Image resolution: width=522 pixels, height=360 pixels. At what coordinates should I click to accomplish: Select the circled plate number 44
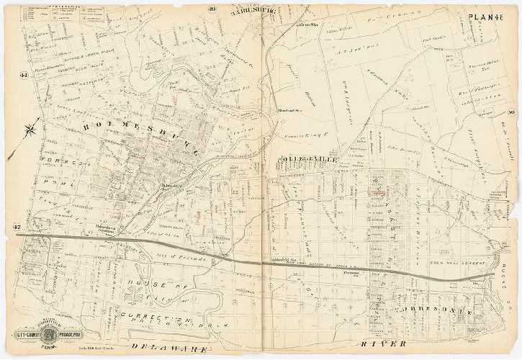24,75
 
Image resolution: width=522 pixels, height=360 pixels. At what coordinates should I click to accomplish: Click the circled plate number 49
212,9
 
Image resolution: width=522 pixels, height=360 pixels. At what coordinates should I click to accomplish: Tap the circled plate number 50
510,112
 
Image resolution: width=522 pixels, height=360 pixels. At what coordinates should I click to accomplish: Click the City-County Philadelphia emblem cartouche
48,336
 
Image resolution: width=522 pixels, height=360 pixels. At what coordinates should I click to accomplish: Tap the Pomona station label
351,274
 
